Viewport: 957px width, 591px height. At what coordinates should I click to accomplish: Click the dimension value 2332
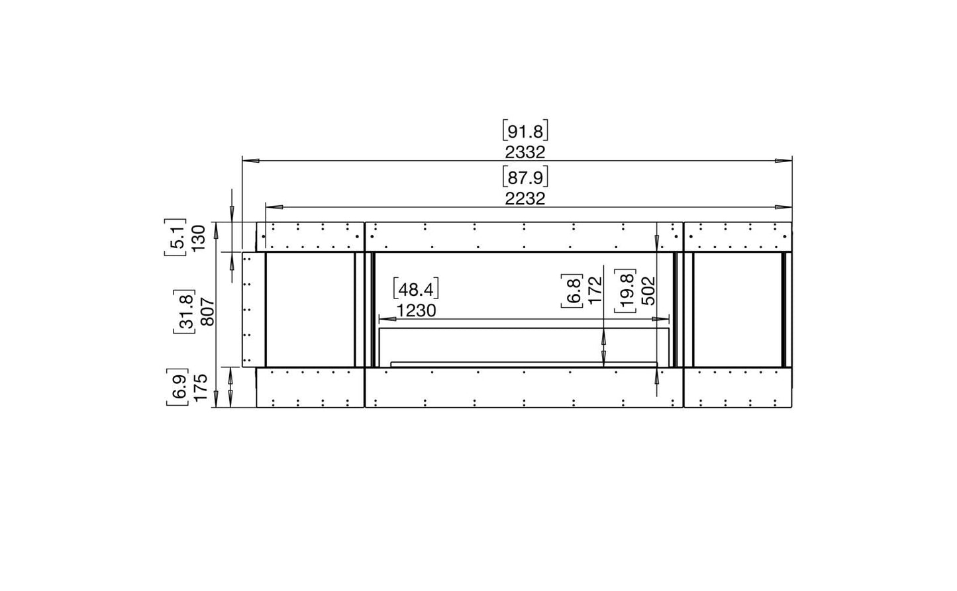pos(525,152)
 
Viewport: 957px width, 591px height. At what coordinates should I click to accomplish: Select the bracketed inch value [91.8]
pos(525,130)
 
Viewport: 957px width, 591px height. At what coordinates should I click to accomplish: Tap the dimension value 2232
pos(525,199)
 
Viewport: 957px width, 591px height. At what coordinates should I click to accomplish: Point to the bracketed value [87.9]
pos(525,177)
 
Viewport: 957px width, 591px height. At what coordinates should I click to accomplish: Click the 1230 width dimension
pos(416,311)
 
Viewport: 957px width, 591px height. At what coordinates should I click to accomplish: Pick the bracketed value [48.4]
pos(416,289)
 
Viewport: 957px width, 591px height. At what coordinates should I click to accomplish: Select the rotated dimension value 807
pos(208,312)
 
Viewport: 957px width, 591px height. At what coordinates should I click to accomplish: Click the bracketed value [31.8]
pos(185,311)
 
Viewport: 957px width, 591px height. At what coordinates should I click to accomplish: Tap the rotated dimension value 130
pos(199,238)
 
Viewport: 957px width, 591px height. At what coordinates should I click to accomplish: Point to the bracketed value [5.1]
pos(176,237)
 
